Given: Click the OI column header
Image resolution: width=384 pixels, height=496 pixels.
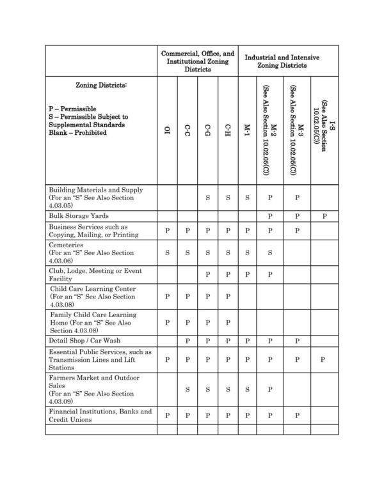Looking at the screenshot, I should [x=167, y=130].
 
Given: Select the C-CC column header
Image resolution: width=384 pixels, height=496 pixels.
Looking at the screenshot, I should [x=187, y=130].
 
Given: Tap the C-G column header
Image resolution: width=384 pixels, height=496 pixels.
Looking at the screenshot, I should [x=207, y=130].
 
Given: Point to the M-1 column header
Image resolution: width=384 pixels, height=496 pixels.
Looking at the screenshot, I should [x=247, y=130].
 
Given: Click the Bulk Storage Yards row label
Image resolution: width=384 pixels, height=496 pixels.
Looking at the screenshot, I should [x=80, y=216].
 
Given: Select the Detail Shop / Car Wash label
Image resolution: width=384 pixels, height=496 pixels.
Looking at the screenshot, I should [x=84, y=341].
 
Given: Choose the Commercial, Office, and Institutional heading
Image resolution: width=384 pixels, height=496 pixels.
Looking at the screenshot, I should [x=197, y=61].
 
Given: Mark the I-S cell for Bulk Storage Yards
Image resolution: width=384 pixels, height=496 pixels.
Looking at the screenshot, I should [x=324, y=216].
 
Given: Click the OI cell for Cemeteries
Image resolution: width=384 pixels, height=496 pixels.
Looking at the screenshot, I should [x=167, y=252].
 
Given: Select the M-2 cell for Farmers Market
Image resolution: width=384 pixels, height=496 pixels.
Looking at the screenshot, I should [x=270, y=389].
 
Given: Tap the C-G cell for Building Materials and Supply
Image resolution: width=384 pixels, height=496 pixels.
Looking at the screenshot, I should [x=207, y=198].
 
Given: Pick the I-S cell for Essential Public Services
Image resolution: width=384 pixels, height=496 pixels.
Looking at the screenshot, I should [x=324, y=360].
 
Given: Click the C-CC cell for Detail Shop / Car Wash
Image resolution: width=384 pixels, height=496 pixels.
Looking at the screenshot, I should [x=187, y=341].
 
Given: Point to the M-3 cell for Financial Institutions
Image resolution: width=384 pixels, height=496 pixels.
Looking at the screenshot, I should [x=298, y=415].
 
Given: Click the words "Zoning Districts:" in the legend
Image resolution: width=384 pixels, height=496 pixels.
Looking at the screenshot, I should [x=101, y=86].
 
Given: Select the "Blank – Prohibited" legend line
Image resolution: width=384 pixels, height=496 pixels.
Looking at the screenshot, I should [x=77, y=133].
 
